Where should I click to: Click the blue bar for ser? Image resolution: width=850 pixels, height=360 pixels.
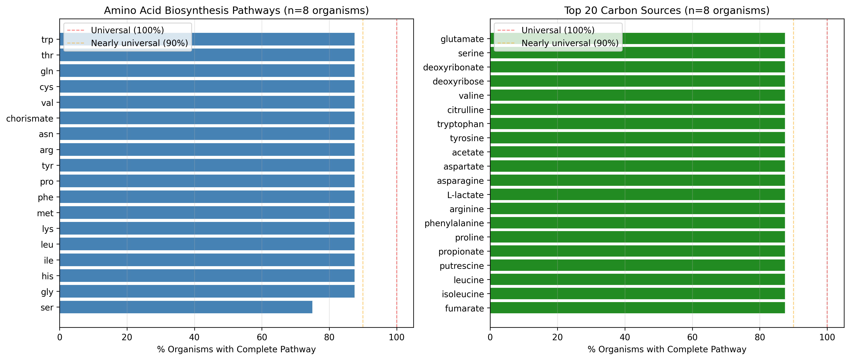point(186,307)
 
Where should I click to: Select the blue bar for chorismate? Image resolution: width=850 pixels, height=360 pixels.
point(207,118)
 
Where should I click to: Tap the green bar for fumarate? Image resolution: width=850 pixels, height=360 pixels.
point(637,308)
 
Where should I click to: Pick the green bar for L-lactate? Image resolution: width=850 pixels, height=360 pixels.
point(637,195)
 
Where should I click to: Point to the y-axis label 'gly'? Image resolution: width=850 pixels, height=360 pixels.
point(47,292)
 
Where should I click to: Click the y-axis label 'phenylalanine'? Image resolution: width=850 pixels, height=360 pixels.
point(454,223)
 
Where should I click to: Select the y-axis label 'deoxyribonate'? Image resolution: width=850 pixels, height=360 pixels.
point(453,67)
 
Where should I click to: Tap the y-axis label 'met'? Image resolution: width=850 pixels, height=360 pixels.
point(45,213)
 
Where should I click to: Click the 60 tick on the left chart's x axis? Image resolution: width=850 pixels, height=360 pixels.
point(262,337)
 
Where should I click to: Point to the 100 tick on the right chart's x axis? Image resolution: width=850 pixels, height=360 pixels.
point(827,337)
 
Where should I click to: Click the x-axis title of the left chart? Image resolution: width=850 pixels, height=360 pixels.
point(236,349)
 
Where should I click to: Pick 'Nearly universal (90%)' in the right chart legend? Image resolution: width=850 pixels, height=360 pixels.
point(570,43)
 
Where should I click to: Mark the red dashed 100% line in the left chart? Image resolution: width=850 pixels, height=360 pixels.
point(397,165)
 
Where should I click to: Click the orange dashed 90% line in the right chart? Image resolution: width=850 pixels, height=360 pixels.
point(793,165)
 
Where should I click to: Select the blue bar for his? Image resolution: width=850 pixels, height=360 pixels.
point(207,276)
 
